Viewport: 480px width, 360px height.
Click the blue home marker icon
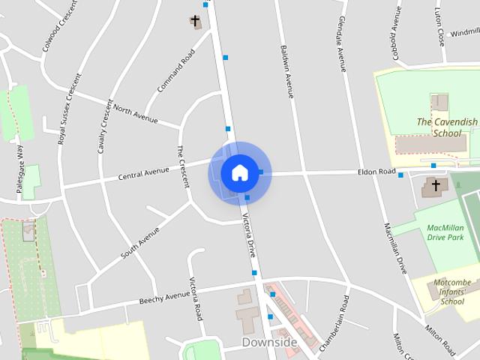(239, 172)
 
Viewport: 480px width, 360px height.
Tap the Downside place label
(269, 343)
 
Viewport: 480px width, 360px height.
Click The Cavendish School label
(447, 127)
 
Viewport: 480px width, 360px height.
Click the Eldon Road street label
(377, 172)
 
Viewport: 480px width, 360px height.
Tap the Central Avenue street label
(144, 175)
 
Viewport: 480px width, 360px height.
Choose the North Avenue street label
(136, 114)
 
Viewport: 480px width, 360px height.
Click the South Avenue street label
(140, 243)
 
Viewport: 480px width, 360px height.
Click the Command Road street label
(176, 71)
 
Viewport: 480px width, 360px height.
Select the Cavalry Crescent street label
(105, 127)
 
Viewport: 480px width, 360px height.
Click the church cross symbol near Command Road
(196, 21)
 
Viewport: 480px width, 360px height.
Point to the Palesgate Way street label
(20, 169)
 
